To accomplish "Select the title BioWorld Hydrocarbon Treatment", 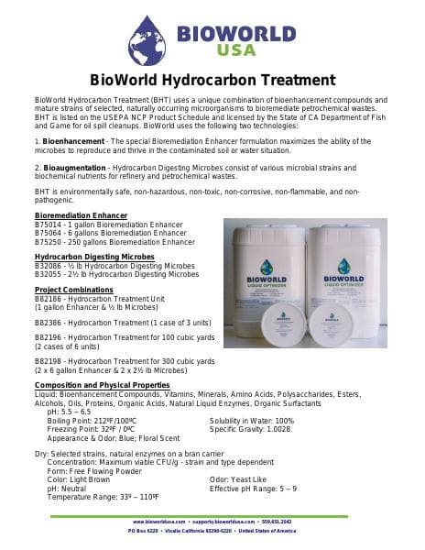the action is pyautogui.click(x=212, y=81).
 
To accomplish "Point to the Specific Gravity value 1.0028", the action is pyautogui.click(x=276, y=428).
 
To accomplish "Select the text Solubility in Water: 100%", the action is pyautogui.click(x=252, y=420).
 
